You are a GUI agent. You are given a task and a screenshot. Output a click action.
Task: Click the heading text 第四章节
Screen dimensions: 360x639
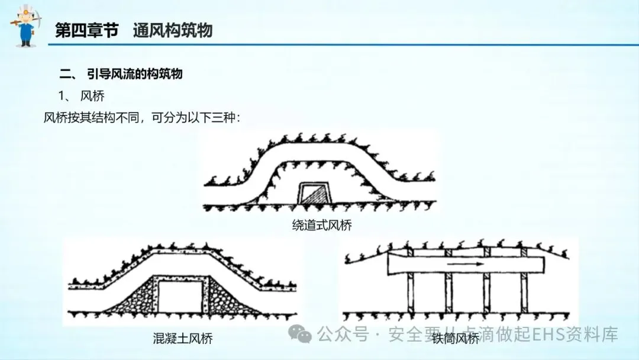pos(86,31)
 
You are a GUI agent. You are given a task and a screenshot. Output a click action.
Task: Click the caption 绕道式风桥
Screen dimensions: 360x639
pos(318,225)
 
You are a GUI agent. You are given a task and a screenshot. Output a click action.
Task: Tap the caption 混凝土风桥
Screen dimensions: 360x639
pos(183,339)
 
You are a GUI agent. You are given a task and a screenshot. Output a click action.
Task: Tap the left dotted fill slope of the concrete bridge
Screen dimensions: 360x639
pos(133,302)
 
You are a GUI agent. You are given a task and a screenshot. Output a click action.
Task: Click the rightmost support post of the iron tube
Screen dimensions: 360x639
pos(524,292)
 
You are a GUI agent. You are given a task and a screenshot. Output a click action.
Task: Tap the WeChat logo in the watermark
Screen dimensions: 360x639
pos(303,336)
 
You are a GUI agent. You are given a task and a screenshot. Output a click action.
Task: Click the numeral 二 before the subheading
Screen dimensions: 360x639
pos(65,74)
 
